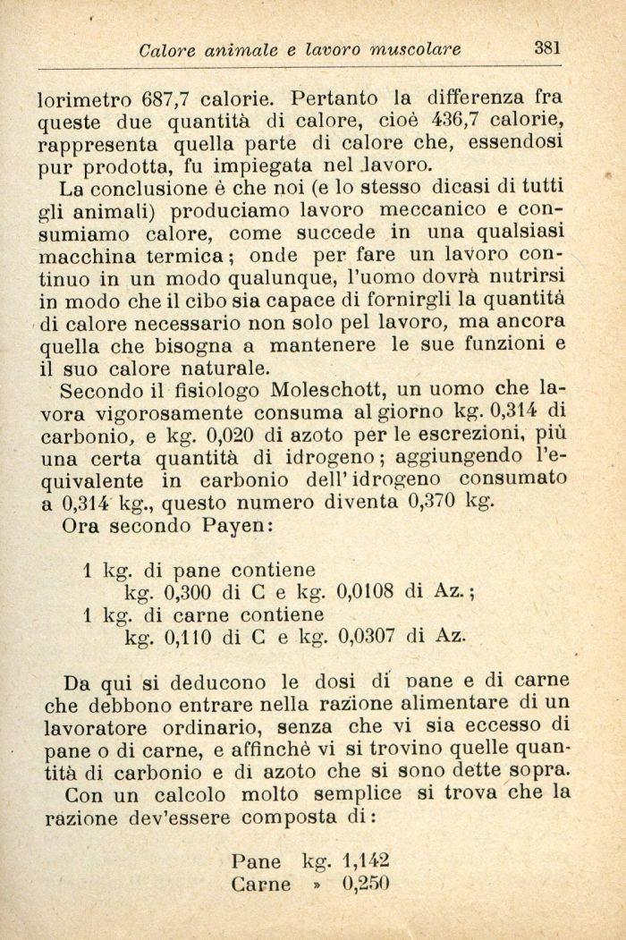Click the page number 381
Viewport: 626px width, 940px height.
547,48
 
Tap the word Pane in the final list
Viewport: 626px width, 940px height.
256,862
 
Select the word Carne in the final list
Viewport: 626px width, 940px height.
260,885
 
